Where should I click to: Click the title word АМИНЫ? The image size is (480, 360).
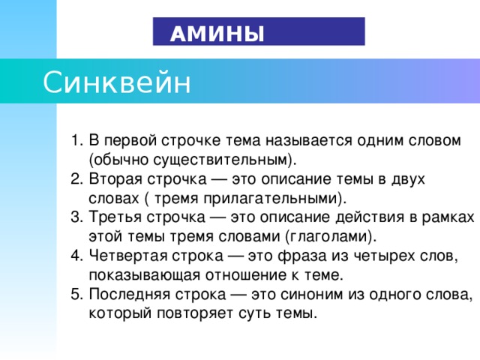[x=217, y=34]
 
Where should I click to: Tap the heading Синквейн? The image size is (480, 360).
[x=117, y=81]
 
